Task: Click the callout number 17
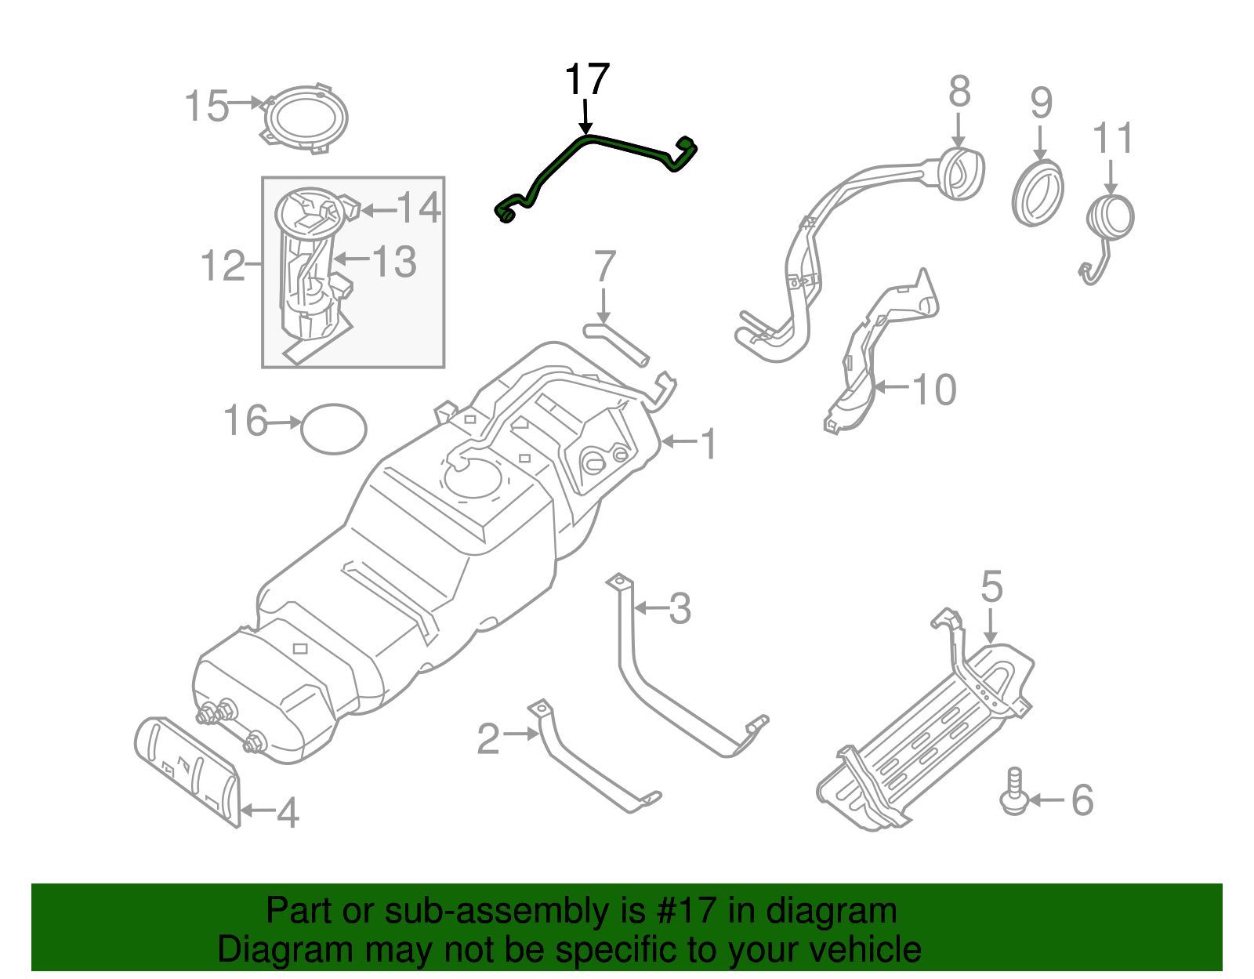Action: pos(586,81)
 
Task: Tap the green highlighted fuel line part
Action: pos(619,144)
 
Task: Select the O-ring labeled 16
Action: pos(334,428)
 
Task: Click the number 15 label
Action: pos(207,106)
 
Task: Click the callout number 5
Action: pos(991,586)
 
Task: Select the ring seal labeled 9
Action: pos(1038,192)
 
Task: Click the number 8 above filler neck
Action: pos(959,92)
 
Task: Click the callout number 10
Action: pos(934,390)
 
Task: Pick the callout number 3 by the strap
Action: pos(680,609)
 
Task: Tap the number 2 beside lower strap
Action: pos(487,738)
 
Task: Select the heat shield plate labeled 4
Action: pos(188,768)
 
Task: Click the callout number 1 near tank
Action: pos(708,444)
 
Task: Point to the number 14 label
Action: pos(419,208)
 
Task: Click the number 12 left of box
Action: pos(223,266)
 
